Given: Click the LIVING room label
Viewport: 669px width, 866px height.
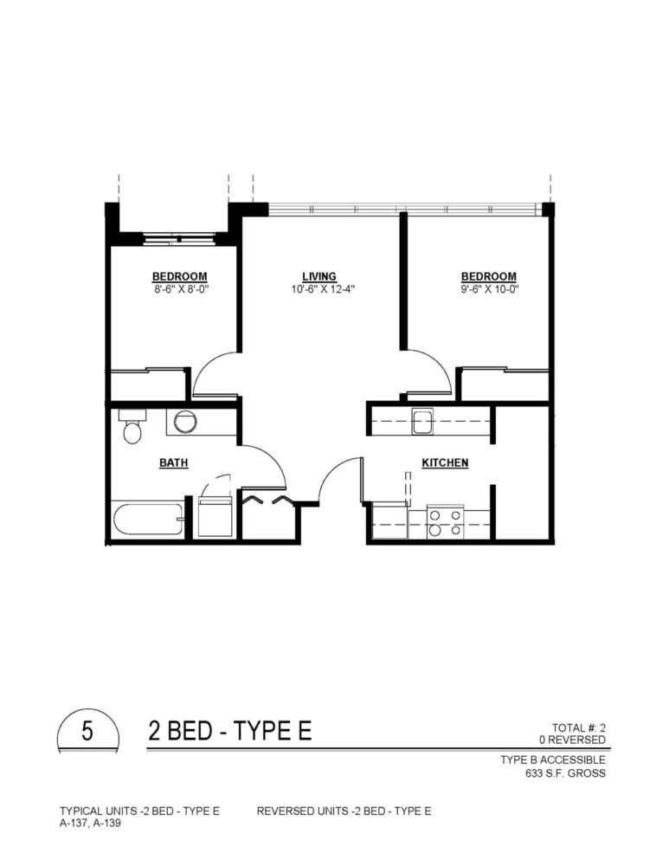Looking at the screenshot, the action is [x=319, y=276].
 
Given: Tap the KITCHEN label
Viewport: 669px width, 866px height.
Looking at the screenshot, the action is [x=445, y=462].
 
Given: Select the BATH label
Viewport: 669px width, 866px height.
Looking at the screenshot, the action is [x=174, y=462].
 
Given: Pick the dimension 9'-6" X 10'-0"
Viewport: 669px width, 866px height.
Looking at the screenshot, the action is [x=490, y=289].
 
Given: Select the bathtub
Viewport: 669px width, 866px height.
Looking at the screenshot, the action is [x=148, y=519].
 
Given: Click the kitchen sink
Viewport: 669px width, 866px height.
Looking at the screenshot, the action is [x=423, y=422].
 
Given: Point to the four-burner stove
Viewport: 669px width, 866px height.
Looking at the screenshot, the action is [x=445, y=522].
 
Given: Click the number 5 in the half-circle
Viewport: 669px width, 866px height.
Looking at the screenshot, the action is [x=87, y=731].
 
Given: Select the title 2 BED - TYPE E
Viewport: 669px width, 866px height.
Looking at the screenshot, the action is [x=229, y=731].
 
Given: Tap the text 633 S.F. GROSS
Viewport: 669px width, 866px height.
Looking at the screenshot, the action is [x=565, y=773].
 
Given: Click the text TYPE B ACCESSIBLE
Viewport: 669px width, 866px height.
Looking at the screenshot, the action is [x=552, y=760].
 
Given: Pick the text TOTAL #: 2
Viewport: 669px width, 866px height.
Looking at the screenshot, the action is [x=578, y=728].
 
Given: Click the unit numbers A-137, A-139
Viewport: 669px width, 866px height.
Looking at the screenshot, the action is [x=91, y=823].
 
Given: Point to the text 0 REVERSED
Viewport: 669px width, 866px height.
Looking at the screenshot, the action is [x=572, y=740].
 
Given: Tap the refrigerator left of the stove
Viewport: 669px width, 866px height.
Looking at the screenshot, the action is [x=389, y=520].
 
